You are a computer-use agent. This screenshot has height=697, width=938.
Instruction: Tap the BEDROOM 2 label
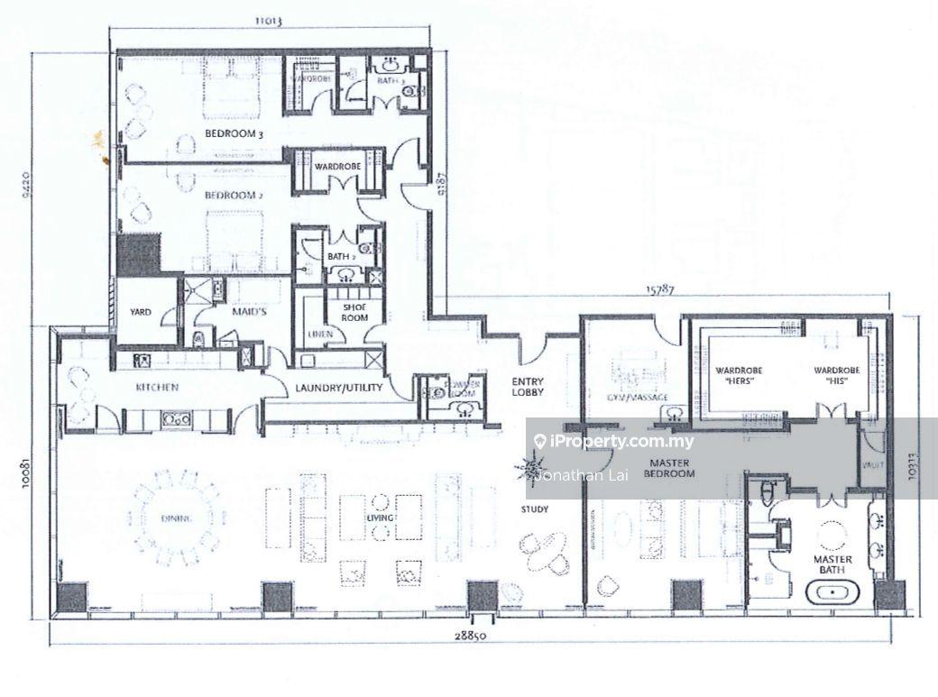click(226, 195)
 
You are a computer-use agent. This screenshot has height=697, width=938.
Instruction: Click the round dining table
click(177, 518)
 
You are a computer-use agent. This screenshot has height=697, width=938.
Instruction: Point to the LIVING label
click(379, 518)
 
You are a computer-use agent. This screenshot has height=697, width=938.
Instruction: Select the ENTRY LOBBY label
click(527, 387)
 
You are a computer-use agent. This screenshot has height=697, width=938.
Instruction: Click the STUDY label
click(535, 510)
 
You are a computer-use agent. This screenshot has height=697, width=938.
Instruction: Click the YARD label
click(143, 313)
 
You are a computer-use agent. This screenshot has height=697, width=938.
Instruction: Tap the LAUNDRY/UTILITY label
click(339, 389)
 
